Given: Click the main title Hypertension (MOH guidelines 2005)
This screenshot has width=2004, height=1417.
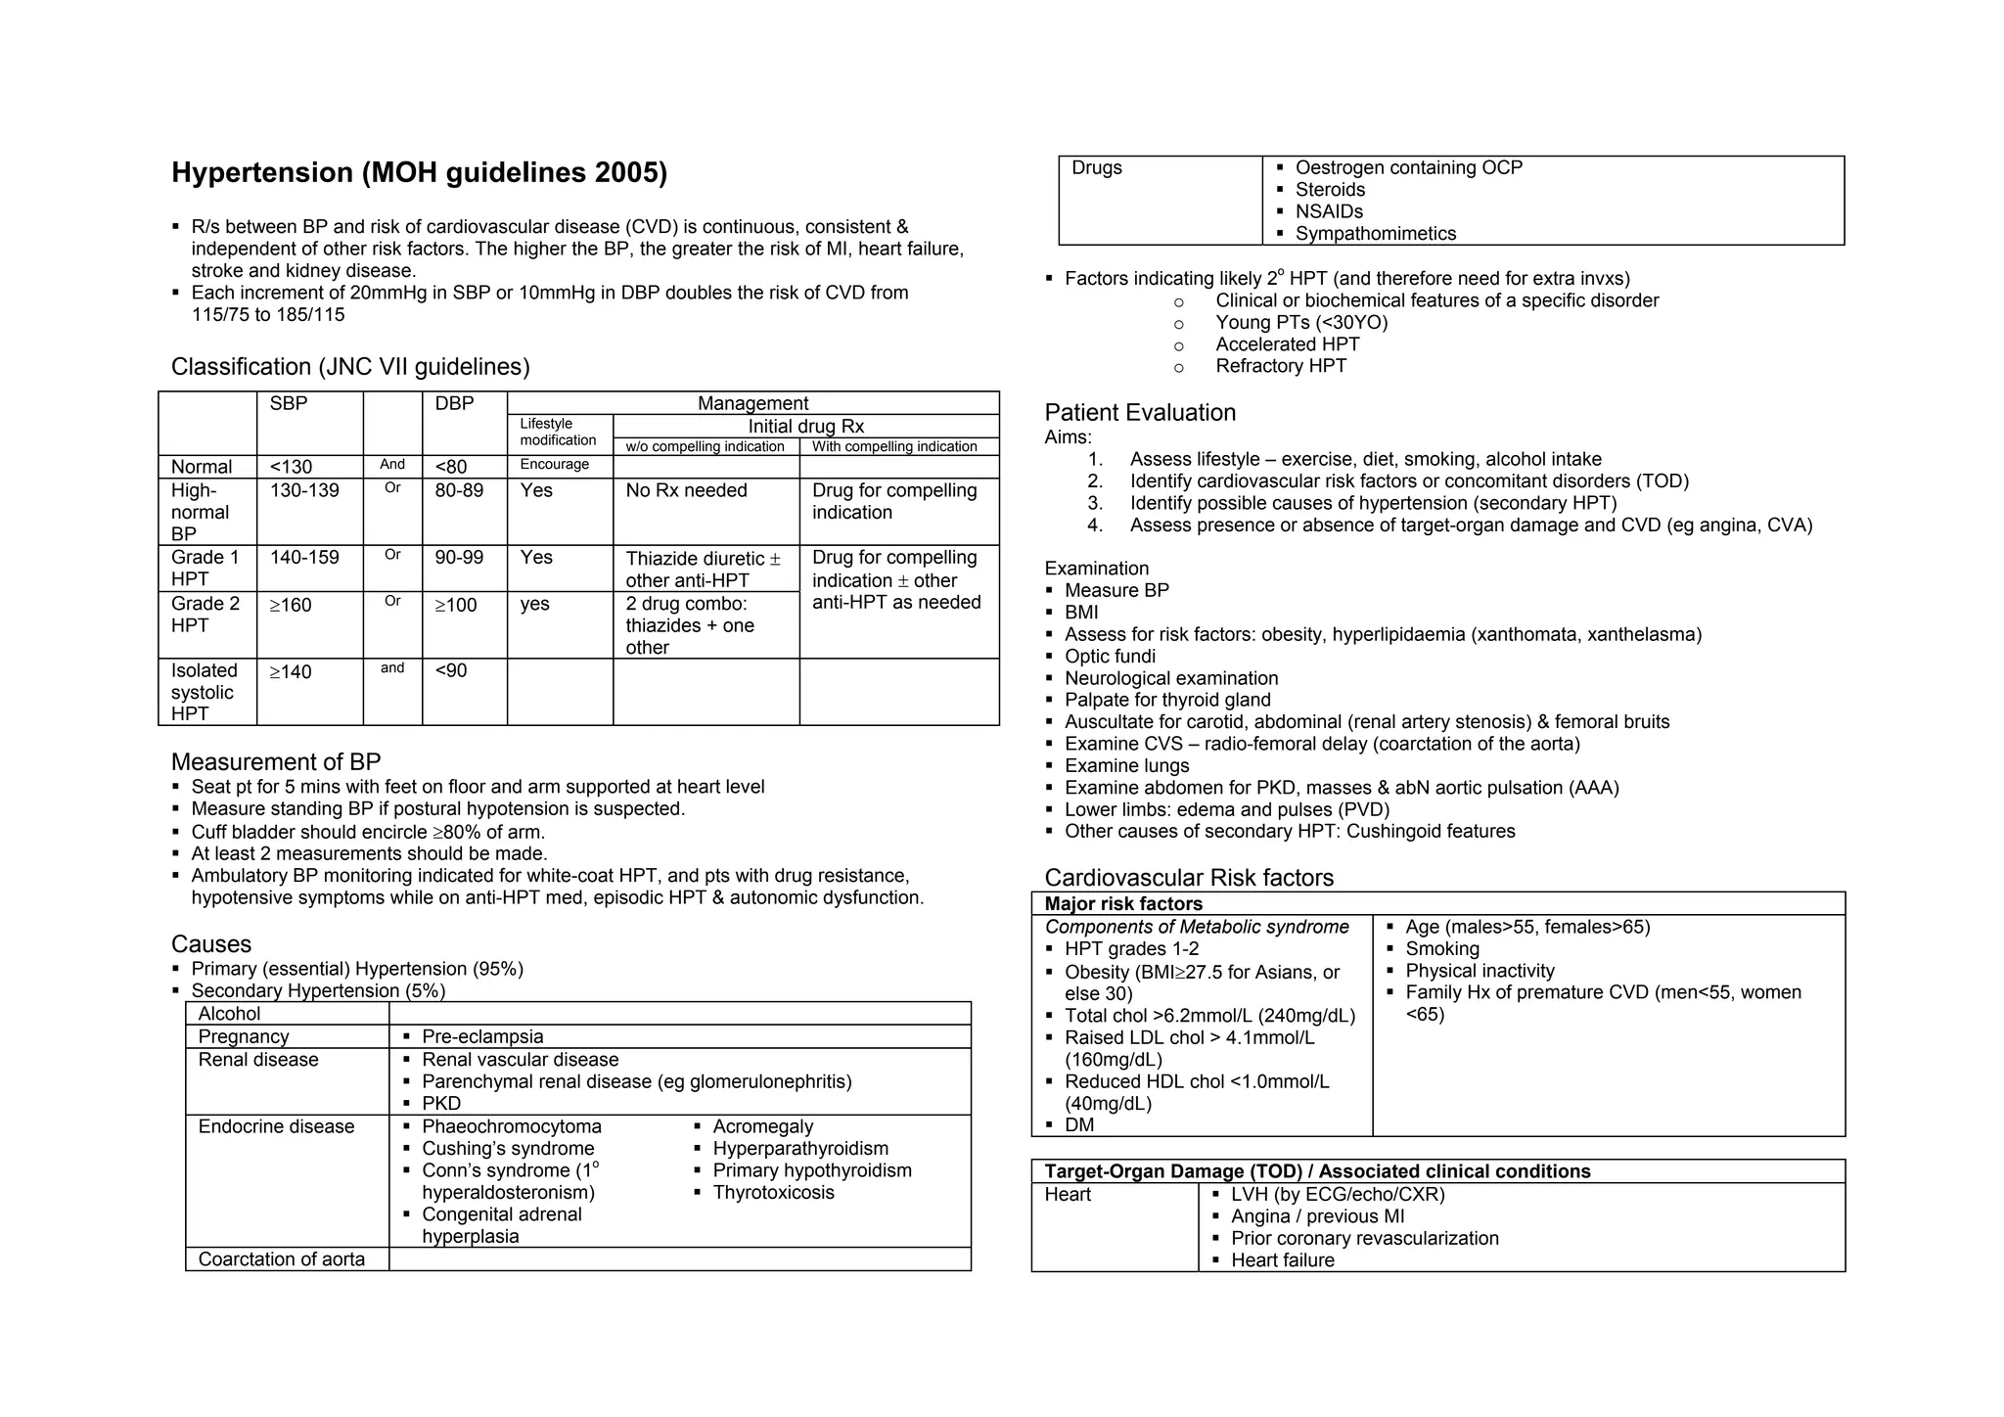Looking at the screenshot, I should click(x=419, y=173).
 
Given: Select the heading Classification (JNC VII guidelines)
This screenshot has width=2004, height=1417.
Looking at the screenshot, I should click(x=350, y=367).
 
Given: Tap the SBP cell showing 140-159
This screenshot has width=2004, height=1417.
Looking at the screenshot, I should click(x=304, y=558).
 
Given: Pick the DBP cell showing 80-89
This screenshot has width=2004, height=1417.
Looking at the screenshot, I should click(x=459, y=490).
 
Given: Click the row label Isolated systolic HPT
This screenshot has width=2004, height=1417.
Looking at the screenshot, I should click(x=204, y=692).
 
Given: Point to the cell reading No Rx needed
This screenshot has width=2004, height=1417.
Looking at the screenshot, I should click(x=686, y=490).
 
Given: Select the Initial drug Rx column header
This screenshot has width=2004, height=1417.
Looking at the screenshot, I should click(x=805, y=427).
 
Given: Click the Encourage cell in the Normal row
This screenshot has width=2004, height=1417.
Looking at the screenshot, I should click(x=554, y=465).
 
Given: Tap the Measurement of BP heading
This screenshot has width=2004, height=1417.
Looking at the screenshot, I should click(x=276, y=761).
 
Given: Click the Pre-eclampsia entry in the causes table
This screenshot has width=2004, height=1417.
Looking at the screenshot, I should click(x=482, y=1036).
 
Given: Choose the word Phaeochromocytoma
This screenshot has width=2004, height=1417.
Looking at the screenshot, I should click(x=512, y=1126).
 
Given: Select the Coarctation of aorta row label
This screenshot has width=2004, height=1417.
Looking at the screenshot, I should click(x=281, y=1259).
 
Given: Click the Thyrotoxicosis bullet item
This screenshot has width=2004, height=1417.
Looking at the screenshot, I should click(x=773, y=1192).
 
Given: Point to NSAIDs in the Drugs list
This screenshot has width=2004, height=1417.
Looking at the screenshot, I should click(x=1329, y=211).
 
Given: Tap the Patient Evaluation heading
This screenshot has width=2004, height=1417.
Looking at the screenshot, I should click(x=1140, y=412).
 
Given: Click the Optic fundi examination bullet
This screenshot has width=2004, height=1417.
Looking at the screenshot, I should click(x=1110, y=657).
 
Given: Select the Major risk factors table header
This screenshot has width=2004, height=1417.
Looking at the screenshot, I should click(x=1123, y=904).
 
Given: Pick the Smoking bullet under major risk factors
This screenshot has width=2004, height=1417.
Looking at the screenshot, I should click(x=1442, y=948).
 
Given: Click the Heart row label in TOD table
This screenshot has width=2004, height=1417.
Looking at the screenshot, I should click(x=1068, y=1194).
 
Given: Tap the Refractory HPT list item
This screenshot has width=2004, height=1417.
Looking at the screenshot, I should click(x=1281, y=366).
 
